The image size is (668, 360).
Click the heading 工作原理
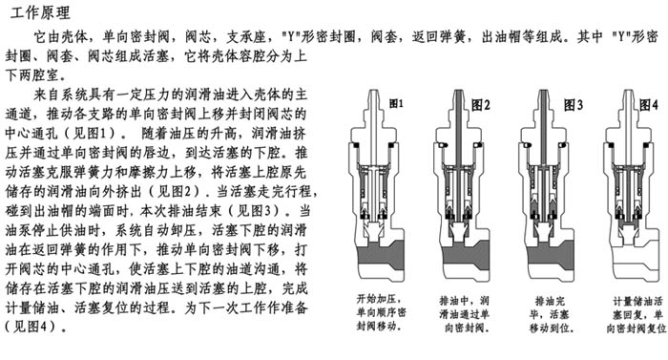point(40,12)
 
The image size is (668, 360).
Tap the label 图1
point(396,103)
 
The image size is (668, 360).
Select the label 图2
point(481,104)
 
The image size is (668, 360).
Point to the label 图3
point(573,104)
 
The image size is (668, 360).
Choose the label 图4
point(648,104)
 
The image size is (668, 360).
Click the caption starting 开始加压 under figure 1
point(382,312)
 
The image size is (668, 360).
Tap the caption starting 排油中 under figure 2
point(465,314)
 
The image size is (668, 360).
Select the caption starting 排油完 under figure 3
point(550,314)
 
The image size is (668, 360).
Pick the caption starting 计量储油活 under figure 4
point(637,315)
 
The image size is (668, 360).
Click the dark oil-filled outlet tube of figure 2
point(458,128)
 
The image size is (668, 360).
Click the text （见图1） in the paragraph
point(91,134)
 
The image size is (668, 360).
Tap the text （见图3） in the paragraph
point(255,211)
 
